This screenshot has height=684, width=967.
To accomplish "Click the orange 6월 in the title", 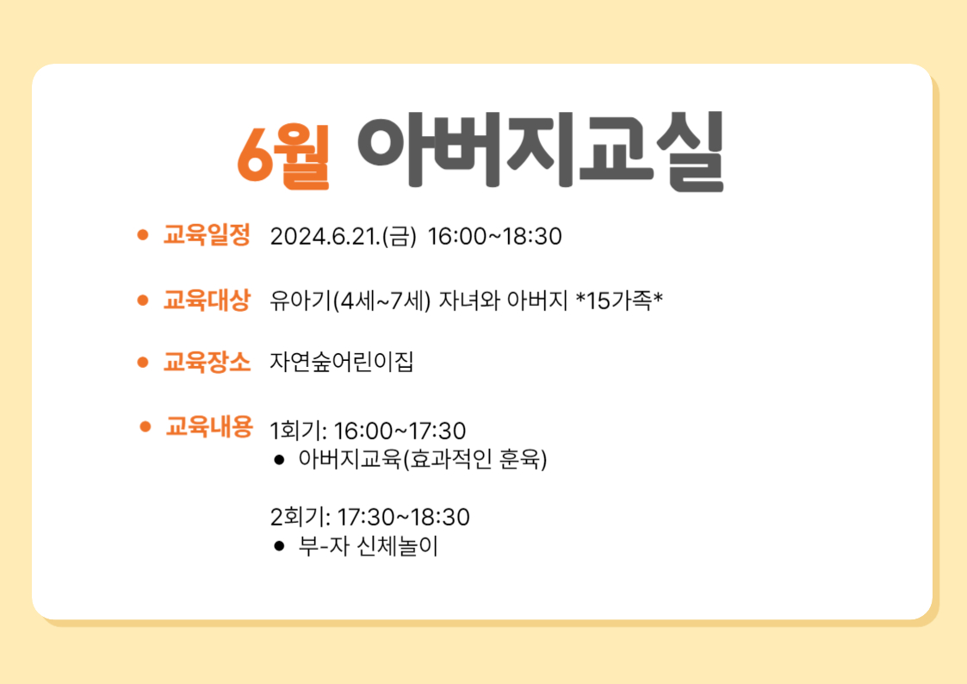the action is pyautogui.click(x=283, y=154).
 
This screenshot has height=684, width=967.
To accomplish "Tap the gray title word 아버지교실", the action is pyautogui.click(x=540, y=151).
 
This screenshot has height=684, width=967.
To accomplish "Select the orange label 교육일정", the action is pyautogui.click(x=207, y=235).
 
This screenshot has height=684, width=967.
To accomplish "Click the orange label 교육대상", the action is pyautogui.click(x=207, y=301).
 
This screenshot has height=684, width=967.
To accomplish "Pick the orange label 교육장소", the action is pyautogui.click(x=207, y=362).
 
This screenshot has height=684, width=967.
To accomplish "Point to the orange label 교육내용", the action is pyautogui.click(x=209, y=426).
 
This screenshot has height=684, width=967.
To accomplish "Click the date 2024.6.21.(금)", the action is pyautogui.click(x=344, y=236).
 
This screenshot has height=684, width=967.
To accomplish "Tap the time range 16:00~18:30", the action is pyautogui.click(x=494, y=236).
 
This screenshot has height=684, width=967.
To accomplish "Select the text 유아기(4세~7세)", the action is pyautogui.click(x=350, y=301).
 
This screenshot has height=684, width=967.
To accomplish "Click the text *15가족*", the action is pyautogui.click(x=619, y=301).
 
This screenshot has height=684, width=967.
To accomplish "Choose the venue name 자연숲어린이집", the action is pyautogui.click(x=342, y=362).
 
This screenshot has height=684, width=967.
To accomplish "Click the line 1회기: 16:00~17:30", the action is pyautogui.click(x=369, y=431).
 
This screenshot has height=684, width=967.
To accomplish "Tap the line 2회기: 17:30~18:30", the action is pyautogui.click(x=370, y=517).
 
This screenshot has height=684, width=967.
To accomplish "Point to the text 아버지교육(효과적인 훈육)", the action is pyautogui.click(x=423, y=459).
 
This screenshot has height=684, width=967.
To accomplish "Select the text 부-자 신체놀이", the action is pyautogui.click(x=369, y=546).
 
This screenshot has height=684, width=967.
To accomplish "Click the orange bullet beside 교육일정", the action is pyautogui.click(x=142, y=235).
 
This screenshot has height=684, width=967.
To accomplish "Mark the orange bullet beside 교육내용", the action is pyautogui.click(x=145, y=426).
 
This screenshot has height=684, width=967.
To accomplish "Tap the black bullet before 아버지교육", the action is pyautogui.click(x=279, y=459).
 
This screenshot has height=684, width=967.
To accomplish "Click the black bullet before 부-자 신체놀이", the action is pyautogui.click(x=279, y=546).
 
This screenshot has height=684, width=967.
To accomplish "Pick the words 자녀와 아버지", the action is pyautogui.click(x=503, y=301).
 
